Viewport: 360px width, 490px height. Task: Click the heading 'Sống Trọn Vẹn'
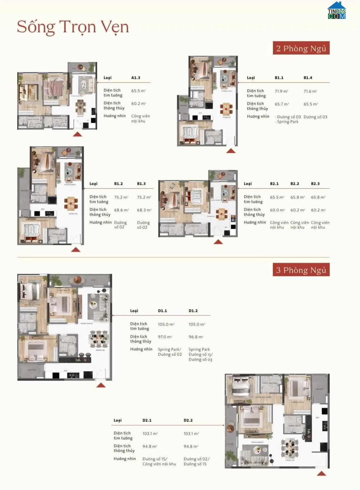point(73,27)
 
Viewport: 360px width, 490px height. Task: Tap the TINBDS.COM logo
point(337,11)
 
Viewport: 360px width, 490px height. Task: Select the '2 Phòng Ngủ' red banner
point(301,48)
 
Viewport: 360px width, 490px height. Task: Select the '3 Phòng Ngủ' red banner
point(301,270)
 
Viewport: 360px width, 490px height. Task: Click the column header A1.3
point(136,78)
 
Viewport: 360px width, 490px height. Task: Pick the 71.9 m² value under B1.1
point(281,91)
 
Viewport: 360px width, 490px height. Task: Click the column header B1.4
point(308,78)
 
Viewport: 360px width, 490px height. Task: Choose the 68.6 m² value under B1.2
point(121,210)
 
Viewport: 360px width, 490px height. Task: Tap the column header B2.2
point(295,184)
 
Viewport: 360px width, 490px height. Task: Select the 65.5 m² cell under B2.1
point(277,197)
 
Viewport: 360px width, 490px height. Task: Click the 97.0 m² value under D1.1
point(165,337)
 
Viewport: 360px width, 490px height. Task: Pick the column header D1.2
point(193,311)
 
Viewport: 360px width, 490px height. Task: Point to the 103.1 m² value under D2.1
point(150,434)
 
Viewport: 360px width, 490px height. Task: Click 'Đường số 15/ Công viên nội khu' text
point(159,462)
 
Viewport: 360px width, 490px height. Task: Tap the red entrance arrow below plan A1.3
point(77,134)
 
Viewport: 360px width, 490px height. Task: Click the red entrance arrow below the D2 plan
point(321,474)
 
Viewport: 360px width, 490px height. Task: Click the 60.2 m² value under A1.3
point(138,104)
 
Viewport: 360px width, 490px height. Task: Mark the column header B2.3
point(315,184)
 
